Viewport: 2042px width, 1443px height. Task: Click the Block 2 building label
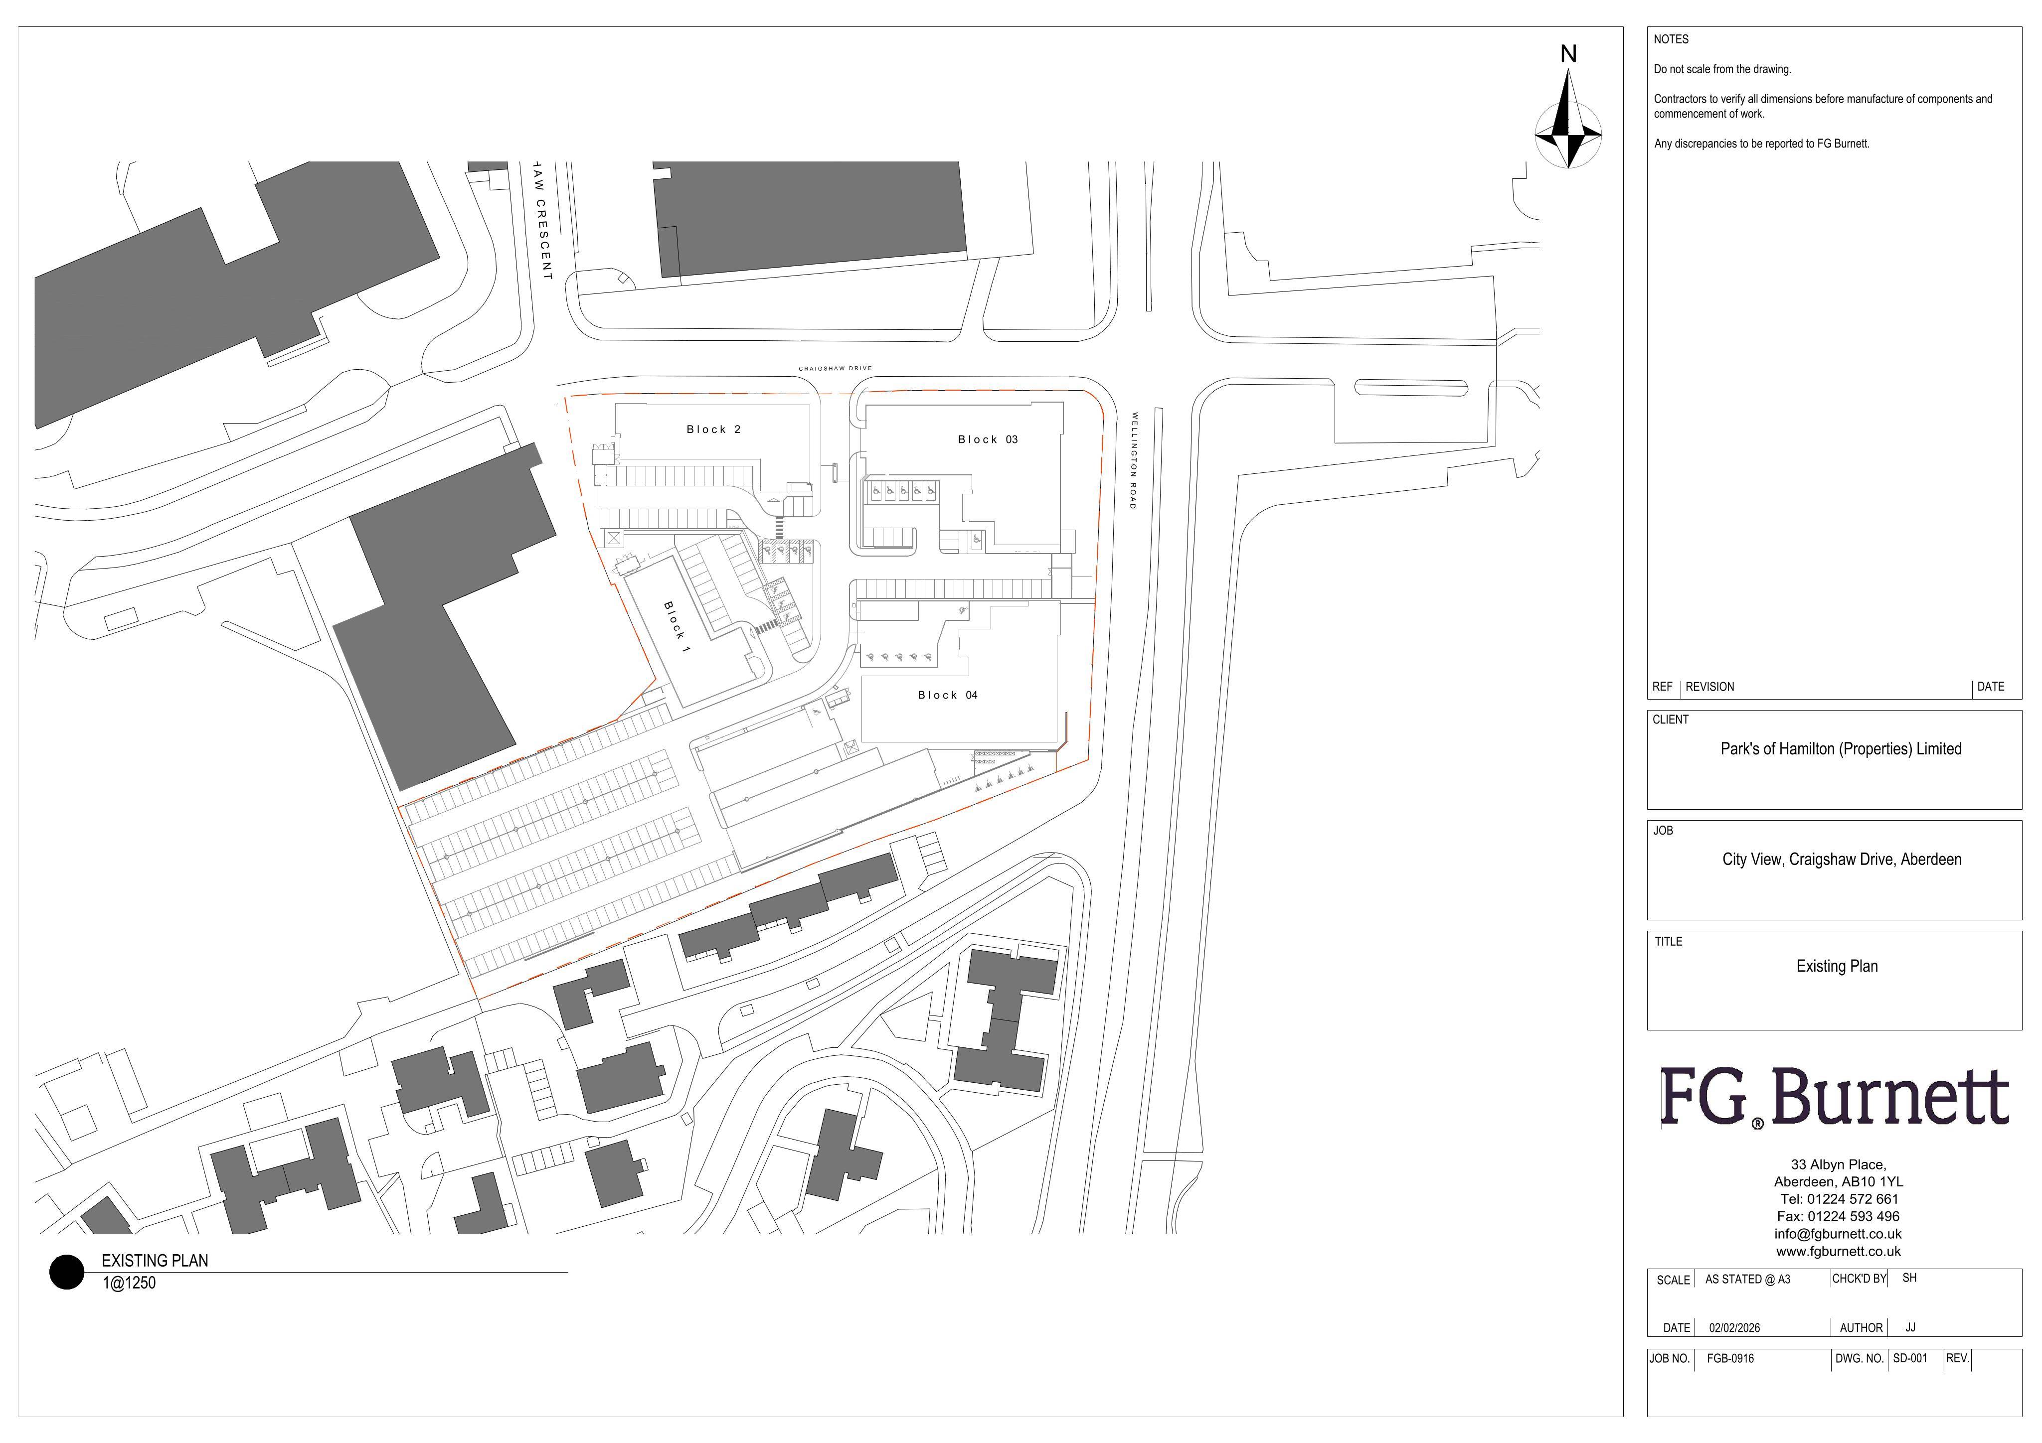click(x=713, y=430)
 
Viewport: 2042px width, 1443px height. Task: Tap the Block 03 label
click(x=987, y=439)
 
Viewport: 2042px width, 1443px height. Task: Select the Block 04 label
click(x=947, y=695)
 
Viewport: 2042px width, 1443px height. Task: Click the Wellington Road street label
click(x=1133, y=460)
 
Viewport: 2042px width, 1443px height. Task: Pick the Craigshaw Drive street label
click(x=835, y=368)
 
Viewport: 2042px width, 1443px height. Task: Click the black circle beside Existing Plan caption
click(x=67, y=1272)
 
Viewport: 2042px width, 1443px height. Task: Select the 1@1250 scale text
click(x=129, y=1283)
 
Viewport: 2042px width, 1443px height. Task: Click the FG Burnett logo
click(x=1834, y=1098)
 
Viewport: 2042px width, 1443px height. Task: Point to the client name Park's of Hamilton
click(x=1840, y=748)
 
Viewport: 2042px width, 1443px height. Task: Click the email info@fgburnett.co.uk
click(x=1838, y=1234)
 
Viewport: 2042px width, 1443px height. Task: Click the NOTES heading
click(x=1671, y=39)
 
